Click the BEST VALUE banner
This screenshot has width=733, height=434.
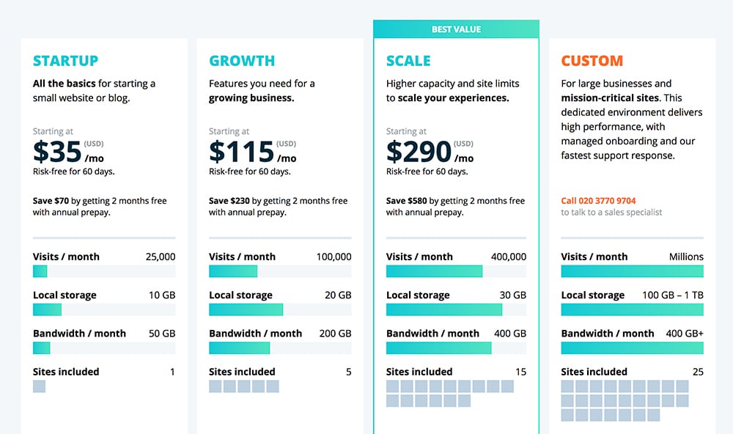click(x=456, y=29)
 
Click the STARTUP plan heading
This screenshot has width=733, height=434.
click(x=65, y=61)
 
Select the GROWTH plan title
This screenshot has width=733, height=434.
click(x=242, y=61)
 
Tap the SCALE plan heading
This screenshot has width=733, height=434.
click(x=408, y=61)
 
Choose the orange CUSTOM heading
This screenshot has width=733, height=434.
click(x=592, y=61)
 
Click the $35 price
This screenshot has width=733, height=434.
click(x=57, y=152)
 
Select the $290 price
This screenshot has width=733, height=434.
click(x=419, y=152)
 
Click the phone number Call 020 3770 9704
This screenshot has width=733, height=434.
click(x=598, y=201)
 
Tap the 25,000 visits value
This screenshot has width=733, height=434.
click(x=161, y=257)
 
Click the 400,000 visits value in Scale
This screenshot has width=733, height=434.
click(x=508, y=257)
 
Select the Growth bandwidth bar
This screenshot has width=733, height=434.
click(x=240, y=347)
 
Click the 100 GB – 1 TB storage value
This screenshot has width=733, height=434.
click(x=673, y=295)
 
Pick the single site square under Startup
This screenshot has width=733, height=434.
click(x=39, y=386)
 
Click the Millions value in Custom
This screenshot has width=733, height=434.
click(x=686, y=257)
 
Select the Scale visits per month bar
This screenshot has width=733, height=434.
click(x=434, y=271)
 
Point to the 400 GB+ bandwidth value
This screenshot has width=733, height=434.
click(x=683, y=333)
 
